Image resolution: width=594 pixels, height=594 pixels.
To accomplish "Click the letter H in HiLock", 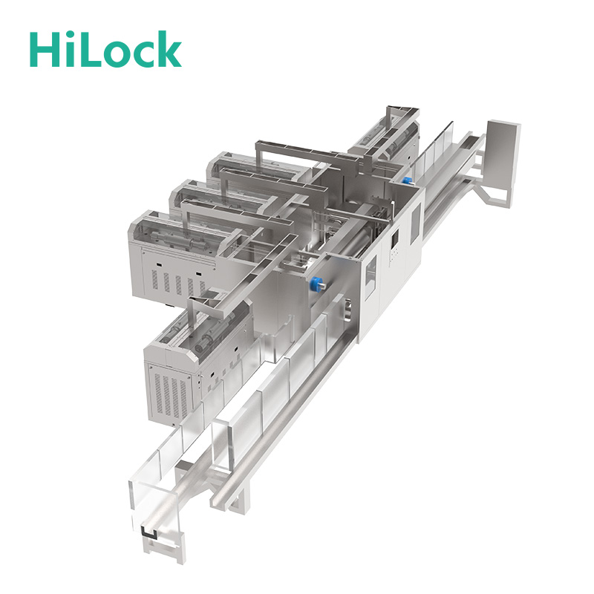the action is point(45,49).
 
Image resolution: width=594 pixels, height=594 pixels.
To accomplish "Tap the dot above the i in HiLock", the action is point(69,35).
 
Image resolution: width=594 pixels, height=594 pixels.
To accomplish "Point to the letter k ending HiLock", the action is point(169,48).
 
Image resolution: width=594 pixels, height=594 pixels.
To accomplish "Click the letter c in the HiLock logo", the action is point(142,54).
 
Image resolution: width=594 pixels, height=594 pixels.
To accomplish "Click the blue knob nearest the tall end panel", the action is point(407,180).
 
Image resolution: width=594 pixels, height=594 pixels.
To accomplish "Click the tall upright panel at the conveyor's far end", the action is point(503,158).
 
